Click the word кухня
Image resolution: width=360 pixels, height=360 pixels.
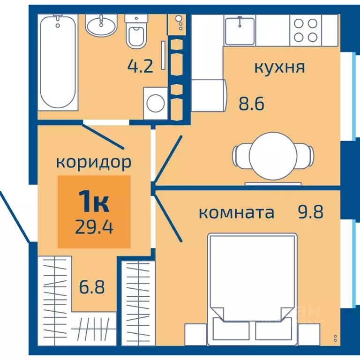(279, 67)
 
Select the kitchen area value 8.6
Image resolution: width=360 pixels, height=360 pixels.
(252, 102)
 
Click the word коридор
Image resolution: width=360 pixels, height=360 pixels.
(93, 162)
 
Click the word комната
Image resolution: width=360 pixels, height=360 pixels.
(236, 213)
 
